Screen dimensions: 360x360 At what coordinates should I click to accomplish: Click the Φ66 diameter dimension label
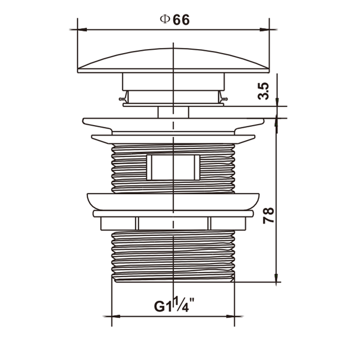(x=175, y=20)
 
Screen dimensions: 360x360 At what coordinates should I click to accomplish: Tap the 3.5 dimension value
(x=263, y=91)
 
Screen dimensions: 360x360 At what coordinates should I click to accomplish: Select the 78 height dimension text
(x=269, y=215)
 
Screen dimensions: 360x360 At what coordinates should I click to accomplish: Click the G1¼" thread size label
(x=174, y=305)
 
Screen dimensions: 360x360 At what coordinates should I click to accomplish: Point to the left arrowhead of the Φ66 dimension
(x=82, y=30)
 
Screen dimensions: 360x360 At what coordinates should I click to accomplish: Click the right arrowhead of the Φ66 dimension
(x=265, y=30)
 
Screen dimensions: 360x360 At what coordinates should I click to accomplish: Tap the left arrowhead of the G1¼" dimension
(x=116, y=317)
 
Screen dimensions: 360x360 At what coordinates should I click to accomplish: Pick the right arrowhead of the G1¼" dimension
(x=230, y=317)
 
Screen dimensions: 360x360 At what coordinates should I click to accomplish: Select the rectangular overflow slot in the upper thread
(x=173, y=167)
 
